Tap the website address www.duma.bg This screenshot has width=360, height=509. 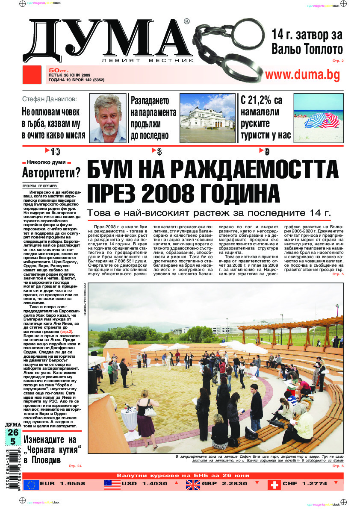coord(302,75)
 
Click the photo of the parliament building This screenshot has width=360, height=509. coord(207,118)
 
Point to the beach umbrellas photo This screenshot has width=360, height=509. coord(318,118)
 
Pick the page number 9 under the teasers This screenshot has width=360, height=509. coord(266,151)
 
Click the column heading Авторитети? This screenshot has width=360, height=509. coord(51,174)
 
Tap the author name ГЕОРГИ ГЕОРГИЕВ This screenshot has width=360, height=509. coord(40,186)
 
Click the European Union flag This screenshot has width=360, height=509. coord(31,484)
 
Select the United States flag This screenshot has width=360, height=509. coord(112,484)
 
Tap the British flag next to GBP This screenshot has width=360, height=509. coord(192,484)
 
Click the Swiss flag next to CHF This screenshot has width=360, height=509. coord(274,484)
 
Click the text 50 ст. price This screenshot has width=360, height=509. coord(56,70)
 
